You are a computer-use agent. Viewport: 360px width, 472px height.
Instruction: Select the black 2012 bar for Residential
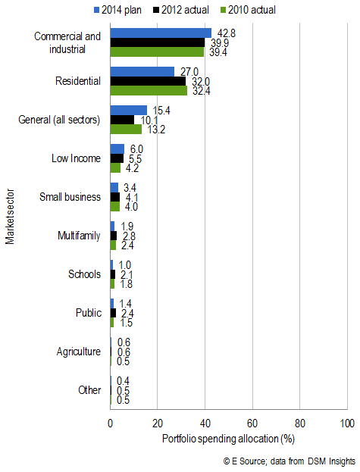click(148, 80)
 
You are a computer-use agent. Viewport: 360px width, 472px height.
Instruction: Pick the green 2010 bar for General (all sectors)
click(126, 129)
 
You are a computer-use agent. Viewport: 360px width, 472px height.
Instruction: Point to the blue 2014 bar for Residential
click(142, 71)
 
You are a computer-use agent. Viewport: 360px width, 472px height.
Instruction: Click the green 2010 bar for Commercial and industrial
click(157, 52)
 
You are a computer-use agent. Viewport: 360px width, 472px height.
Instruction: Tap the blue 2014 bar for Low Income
click(117, 149)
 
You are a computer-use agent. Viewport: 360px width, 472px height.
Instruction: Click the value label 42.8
click(223, 33)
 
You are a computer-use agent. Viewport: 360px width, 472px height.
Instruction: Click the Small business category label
click(70, 197)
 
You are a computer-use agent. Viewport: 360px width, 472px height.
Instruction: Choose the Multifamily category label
click(78, 236)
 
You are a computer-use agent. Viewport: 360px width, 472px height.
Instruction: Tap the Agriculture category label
click(78, 352)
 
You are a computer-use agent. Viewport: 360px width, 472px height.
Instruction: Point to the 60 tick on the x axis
click(252, 423)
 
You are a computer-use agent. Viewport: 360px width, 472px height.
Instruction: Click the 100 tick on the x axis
click(347, 423)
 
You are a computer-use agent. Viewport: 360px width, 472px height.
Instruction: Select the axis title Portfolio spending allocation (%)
click(228, 438)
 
